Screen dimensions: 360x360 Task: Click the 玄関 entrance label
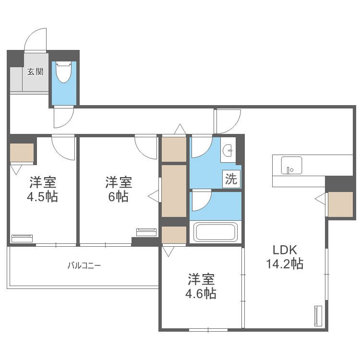(35, 72)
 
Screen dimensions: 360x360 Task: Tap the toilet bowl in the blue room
(63, 73)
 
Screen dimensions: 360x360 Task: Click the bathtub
(216, 232)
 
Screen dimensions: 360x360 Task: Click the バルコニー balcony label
(84, 265)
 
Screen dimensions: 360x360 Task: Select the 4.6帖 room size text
(201, 293)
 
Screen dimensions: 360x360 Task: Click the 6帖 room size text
(118, 196)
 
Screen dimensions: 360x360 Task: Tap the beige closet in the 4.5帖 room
(22, 153)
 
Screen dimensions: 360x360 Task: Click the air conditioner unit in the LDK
(318, 315)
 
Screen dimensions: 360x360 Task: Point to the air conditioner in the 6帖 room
(146, 232)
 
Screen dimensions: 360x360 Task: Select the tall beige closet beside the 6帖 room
(173, 191)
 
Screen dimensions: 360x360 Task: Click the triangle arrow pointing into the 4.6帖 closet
(168, 251)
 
